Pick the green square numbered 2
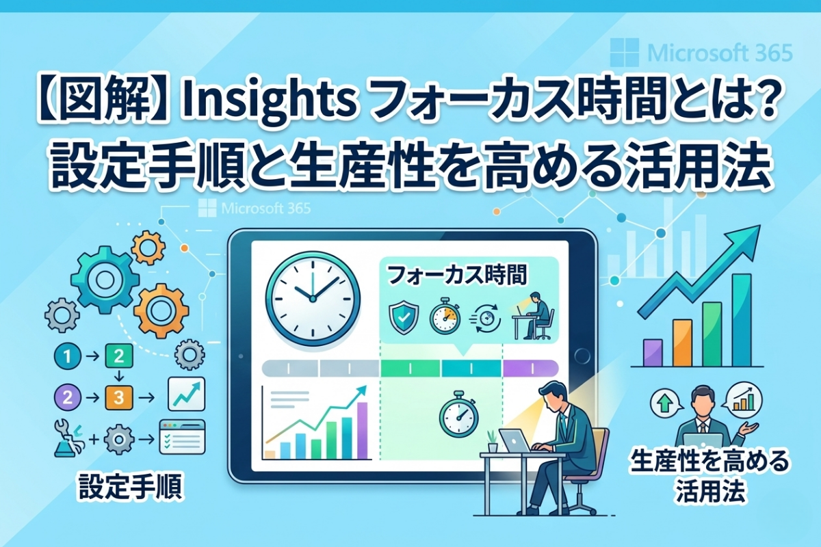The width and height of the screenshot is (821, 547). point(118,356)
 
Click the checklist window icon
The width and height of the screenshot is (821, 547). point(181,436)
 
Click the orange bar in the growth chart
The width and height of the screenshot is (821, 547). point(682,342)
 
